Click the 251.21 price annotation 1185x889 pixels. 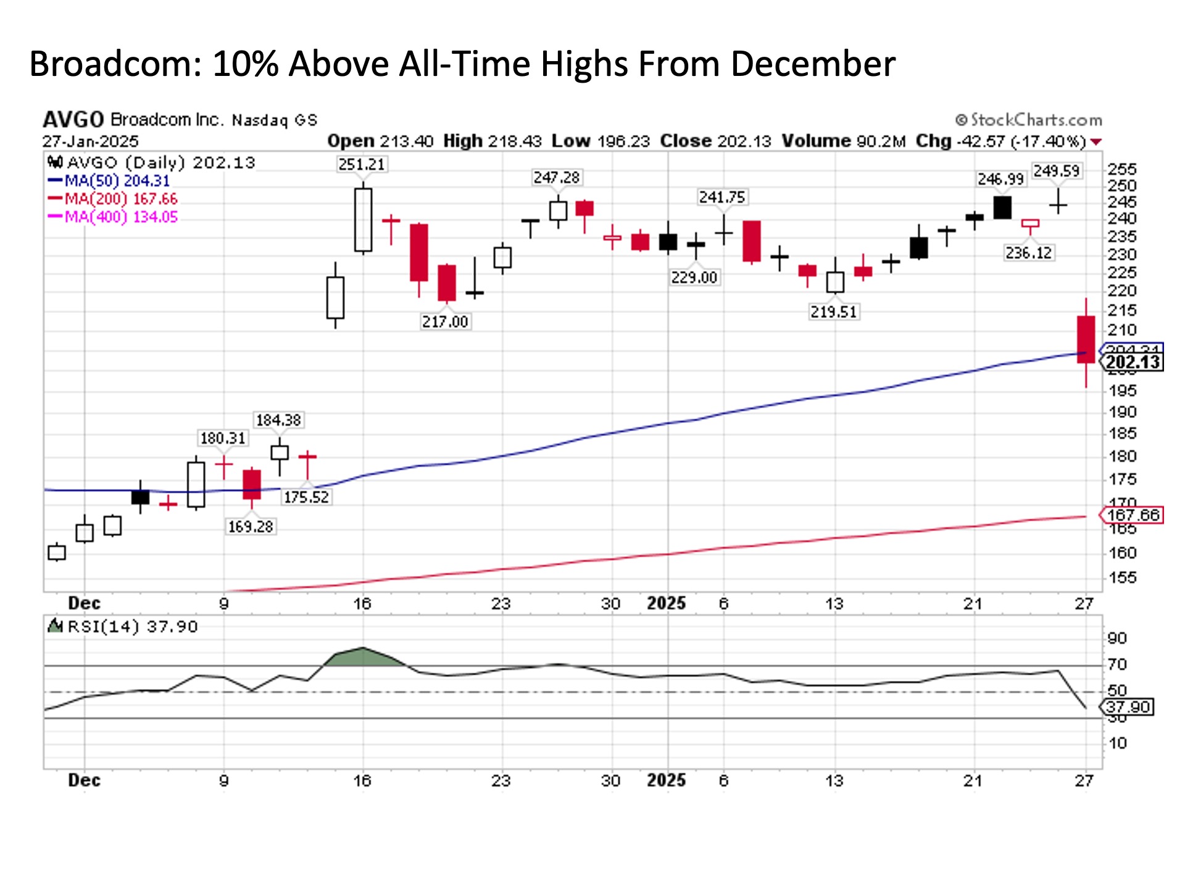[361, 164]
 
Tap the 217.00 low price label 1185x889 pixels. [445, 322]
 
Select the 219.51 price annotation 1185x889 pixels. [833, 312]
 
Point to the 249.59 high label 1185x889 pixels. [1057, 170]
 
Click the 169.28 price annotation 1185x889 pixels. [251, 527]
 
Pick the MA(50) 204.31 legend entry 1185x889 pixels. [109, 181]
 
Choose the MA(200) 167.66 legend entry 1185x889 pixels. [114, 199]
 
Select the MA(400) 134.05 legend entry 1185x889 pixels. [114, 217]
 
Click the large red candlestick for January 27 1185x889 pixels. [1086, 340]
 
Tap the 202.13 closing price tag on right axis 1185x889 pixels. [1133, 362]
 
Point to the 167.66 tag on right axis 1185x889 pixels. [1133, 515]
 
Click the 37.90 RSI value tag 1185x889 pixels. [1128, 707]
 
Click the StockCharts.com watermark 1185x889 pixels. [1029, 120]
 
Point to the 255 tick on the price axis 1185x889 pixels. [1121, 169]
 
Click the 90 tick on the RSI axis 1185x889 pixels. [1117, 638]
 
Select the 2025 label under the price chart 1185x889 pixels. [666, 603]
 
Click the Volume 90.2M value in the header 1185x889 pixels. [843, 141]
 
